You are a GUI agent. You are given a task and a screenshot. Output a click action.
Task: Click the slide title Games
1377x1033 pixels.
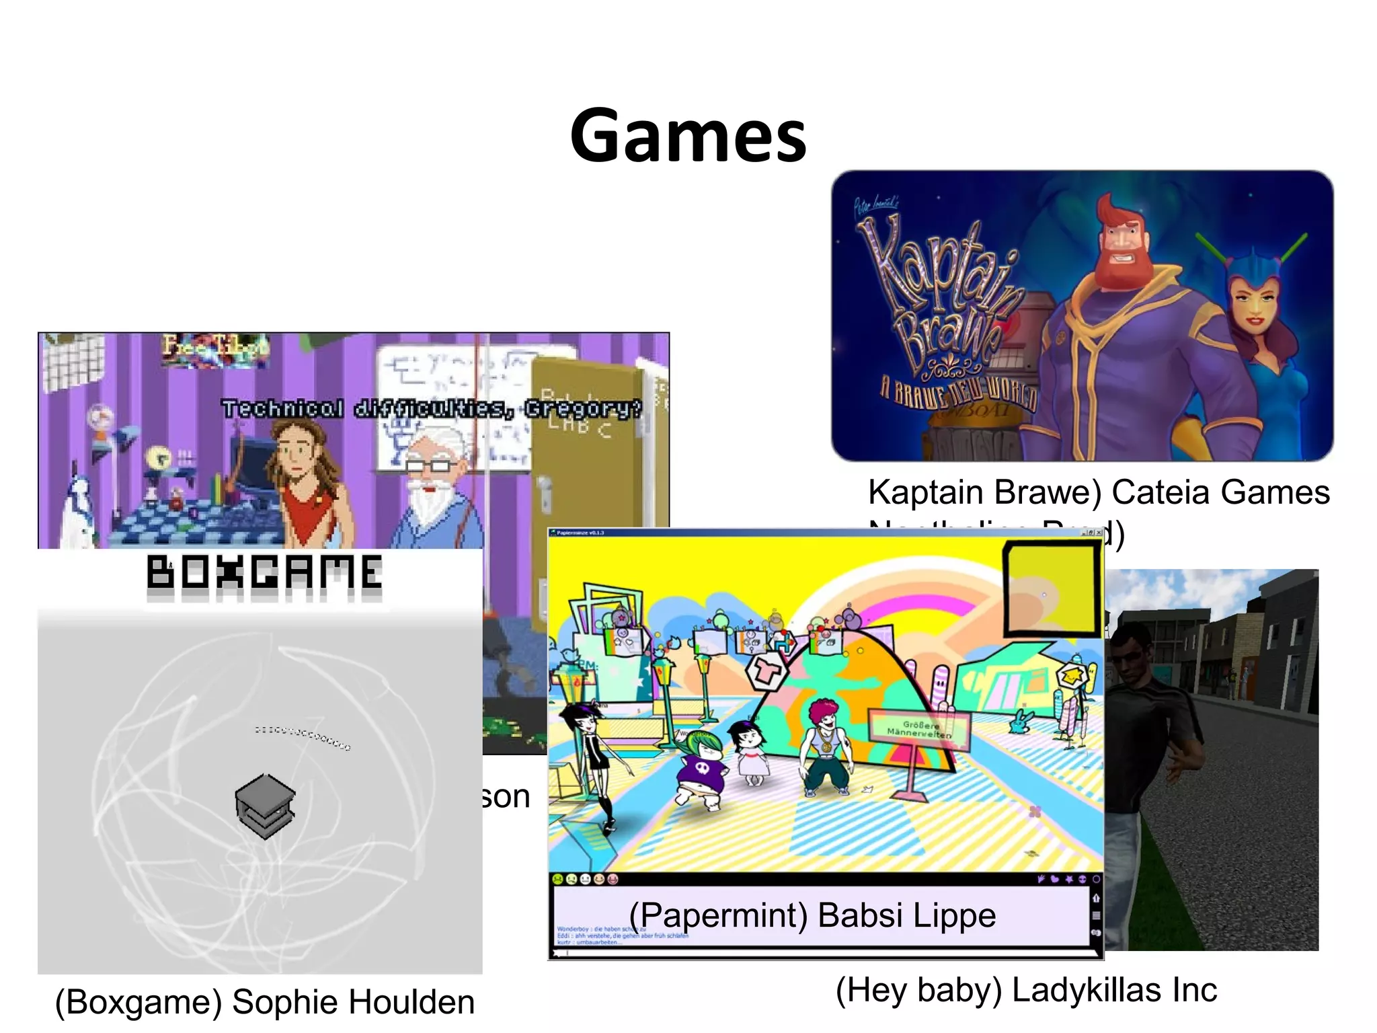coord(688,136)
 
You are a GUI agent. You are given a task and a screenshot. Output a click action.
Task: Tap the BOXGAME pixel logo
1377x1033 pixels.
coord(264,573)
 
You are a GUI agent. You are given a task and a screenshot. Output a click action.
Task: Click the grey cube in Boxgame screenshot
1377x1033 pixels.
coord(265,805)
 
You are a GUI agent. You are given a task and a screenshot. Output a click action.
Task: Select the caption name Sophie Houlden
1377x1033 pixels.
coord(353,1002)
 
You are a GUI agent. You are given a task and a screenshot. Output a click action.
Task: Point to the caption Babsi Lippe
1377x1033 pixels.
coord(907,915)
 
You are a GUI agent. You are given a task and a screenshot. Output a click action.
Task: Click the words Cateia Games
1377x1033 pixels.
coord(1220,492)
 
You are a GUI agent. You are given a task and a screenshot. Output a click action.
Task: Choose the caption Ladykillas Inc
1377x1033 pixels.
coord(1114,990)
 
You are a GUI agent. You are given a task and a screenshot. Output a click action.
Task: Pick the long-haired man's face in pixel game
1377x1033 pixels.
coord(294,451)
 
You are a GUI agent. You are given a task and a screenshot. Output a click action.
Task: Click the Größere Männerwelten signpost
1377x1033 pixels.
coord(920,729)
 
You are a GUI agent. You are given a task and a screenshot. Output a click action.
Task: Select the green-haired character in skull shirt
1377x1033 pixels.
coord(701,767)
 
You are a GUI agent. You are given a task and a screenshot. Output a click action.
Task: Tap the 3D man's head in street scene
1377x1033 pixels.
coord(1132,648)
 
